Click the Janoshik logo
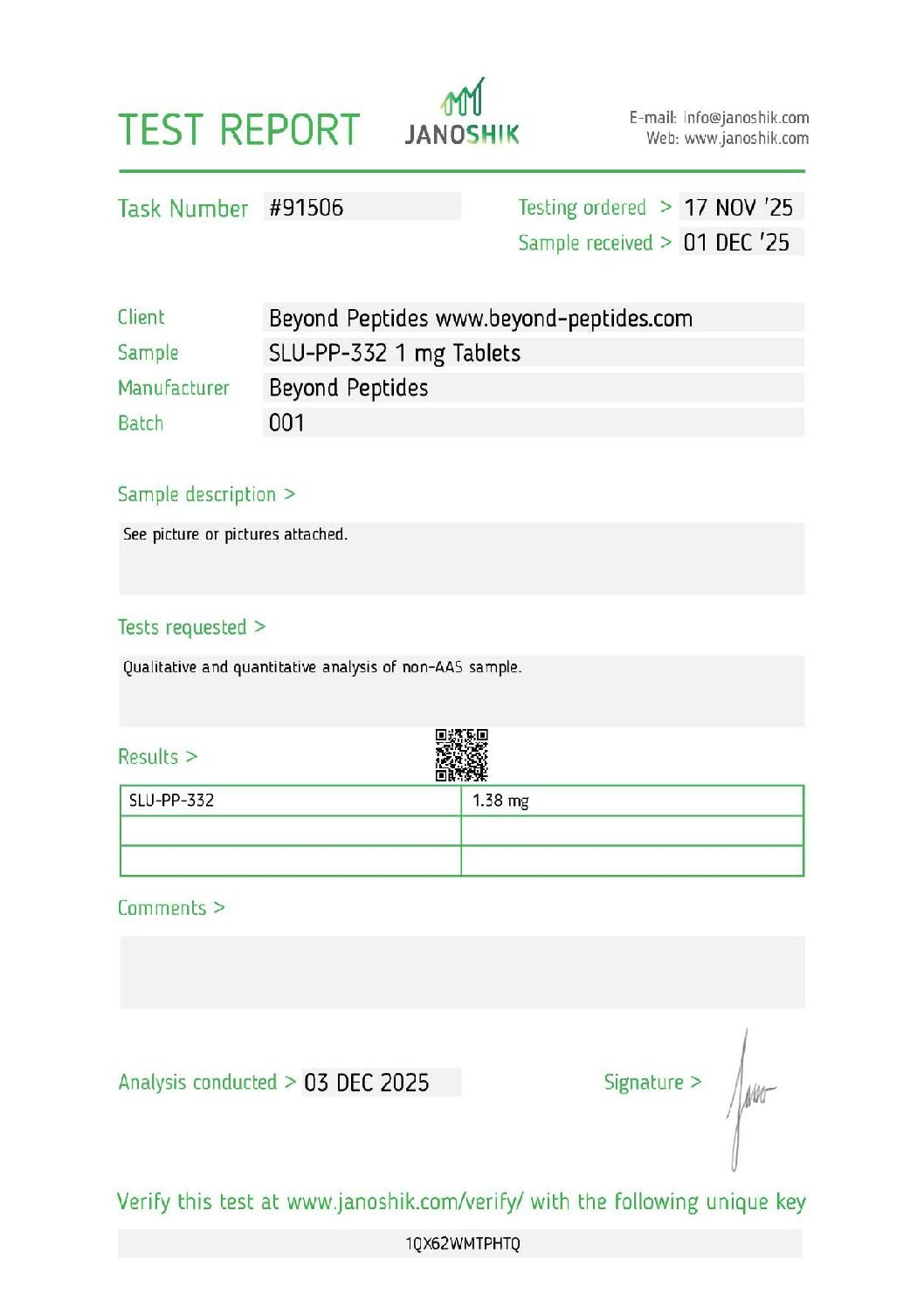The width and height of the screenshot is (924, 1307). pyautogui.click(x=462, y=114)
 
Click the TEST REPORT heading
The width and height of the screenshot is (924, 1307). pyautogui.click(x=238, y=130)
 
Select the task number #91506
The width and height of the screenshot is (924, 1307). pyautogui.click(x=307, y=208)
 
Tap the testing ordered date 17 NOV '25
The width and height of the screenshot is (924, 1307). pyautogui.click(x=738, y=208)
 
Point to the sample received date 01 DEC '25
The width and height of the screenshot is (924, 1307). pyautogui.click(x=736, y=243)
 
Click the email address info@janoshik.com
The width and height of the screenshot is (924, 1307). pyautogui.click(x=746, y=118)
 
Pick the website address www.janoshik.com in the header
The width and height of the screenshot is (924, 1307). pyautogui.click(x=746, y=139)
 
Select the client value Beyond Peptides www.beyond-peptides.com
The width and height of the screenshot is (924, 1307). pyautogui.click(x=480, y=319)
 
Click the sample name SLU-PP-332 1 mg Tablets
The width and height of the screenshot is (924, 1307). pyautogui.click(x=395, y=354)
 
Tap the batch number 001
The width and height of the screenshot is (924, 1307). pyautogui.click(x=286, y=423)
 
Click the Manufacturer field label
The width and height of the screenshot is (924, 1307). pyautogui.click(x=174, y=388)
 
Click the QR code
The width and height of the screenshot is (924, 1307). pyautogui.click(x=462, y=755)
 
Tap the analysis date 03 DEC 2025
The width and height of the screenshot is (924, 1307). pyautogui.click(x=367, y=1083)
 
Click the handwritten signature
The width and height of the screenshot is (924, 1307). pyautogui.click(x=747, y=1096)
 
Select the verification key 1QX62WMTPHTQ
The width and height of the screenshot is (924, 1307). pyautogui.click(x=462, y=1244)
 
